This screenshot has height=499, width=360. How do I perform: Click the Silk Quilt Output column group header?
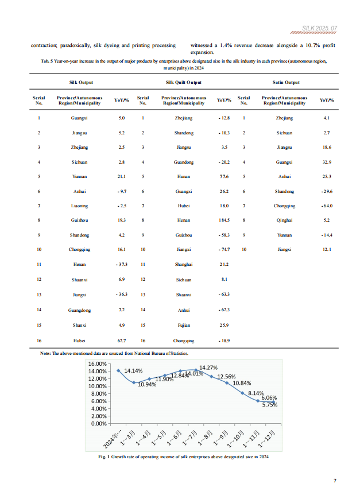coord(183,83)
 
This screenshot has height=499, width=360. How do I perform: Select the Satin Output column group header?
coord(286,83)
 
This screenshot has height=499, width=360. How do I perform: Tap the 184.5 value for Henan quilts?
coord(224,221)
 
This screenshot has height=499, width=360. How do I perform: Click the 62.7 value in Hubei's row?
coord(122,341)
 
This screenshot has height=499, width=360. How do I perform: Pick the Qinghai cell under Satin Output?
coord(284,221)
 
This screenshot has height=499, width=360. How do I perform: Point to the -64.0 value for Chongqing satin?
coord(327,206)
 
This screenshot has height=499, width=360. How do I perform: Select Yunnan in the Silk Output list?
coord(79,177)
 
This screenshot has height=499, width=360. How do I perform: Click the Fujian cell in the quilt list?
coord(184,325)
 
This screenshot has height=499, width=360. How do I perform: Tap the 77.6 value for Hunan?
coord(224,177)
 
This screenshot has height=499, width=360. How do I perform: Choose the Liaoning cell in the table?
coord(79,206)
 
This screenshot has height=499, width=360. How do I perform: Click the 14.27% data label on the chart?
coord(208,368)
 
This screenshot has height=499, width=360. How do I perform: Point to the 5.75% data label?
coord(270,405)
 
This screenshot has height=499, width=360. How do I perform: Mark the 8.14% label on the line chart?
coord(256,393)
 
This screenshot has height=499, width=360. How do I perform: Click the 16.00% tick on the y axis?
coord(98,363)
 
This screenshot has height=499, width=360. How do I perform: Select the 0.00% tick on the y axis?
coord(99,424)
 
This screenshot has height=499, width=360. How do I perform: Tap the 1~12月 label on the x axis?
coord(266,439)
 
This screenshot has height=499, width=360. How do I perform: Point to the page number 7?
coord(335,481)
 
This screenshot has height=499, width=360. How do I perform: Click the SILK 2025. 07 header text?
coord(319,28)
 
